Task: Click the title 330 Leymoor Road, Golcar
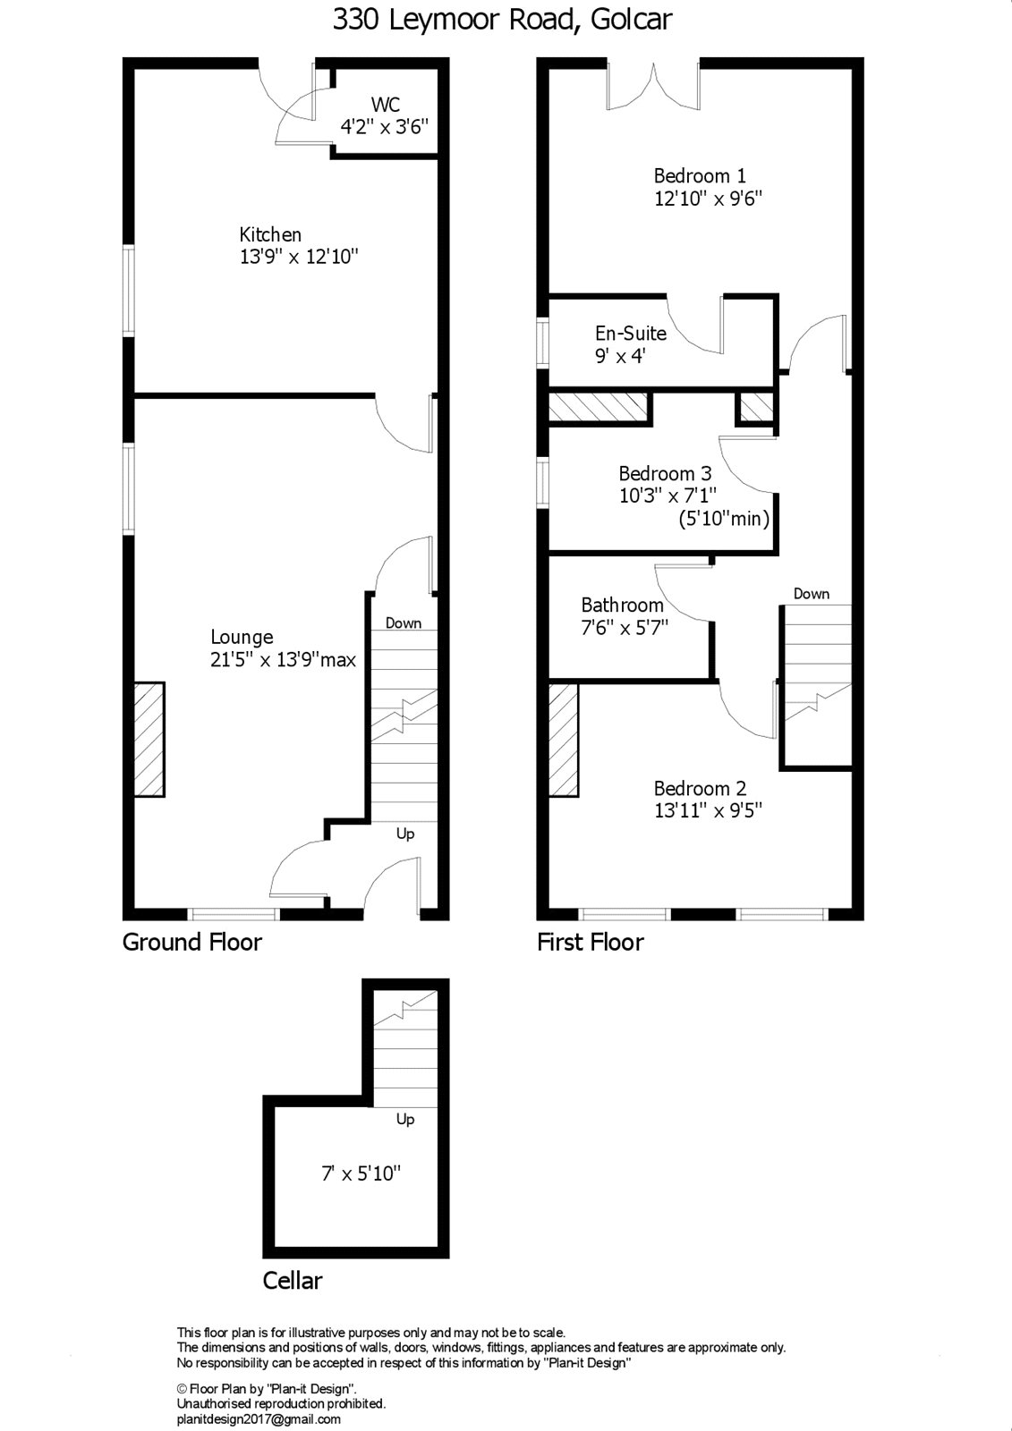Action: pyautogui.click(x=502, y=21)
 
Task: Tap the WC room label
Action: pyautogui.click(x=386, y=104)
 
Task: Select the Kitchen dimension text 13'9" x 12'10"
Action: pyautogui.click(x=299, y=257)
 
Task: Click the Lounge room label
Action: pyautogui.click(x=242, y=637)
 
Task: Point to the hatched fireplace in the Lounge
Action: pyautogui.click(x=149, y=739)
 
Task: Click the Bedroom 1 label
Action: pyautogui.click(x=700, y=175)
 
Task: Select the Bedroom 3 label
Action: pyautogui.click(x=665, y=473)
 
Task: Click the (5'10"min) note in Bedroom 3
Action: pyautogui.click(x=724, y=518)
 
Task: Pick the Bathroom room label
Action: pyautogui.click(x=622, y=605)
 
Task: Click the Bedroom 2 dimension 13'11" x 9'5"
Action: pyautogui.click(x=708, y=810)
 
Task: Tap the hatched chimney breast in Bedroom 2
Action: pyautogui.click(x=564, y=740)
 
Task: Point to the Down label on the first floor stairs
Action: pyautogui.click(x=812, y=594)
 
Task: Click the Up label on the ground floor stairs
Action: pyautogui.click(x=405, y=834)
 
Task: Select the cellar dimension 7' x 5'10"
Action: pyautogui.click(x=361, y=1173)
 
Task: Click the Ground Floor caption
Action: pyautogui.click(x=191, y=943)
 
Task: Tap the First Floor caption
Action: pyautogui.click(x=590, y=943)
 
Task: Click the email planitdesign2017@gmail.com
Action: pyautogui.click(x=259, y=1418)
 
